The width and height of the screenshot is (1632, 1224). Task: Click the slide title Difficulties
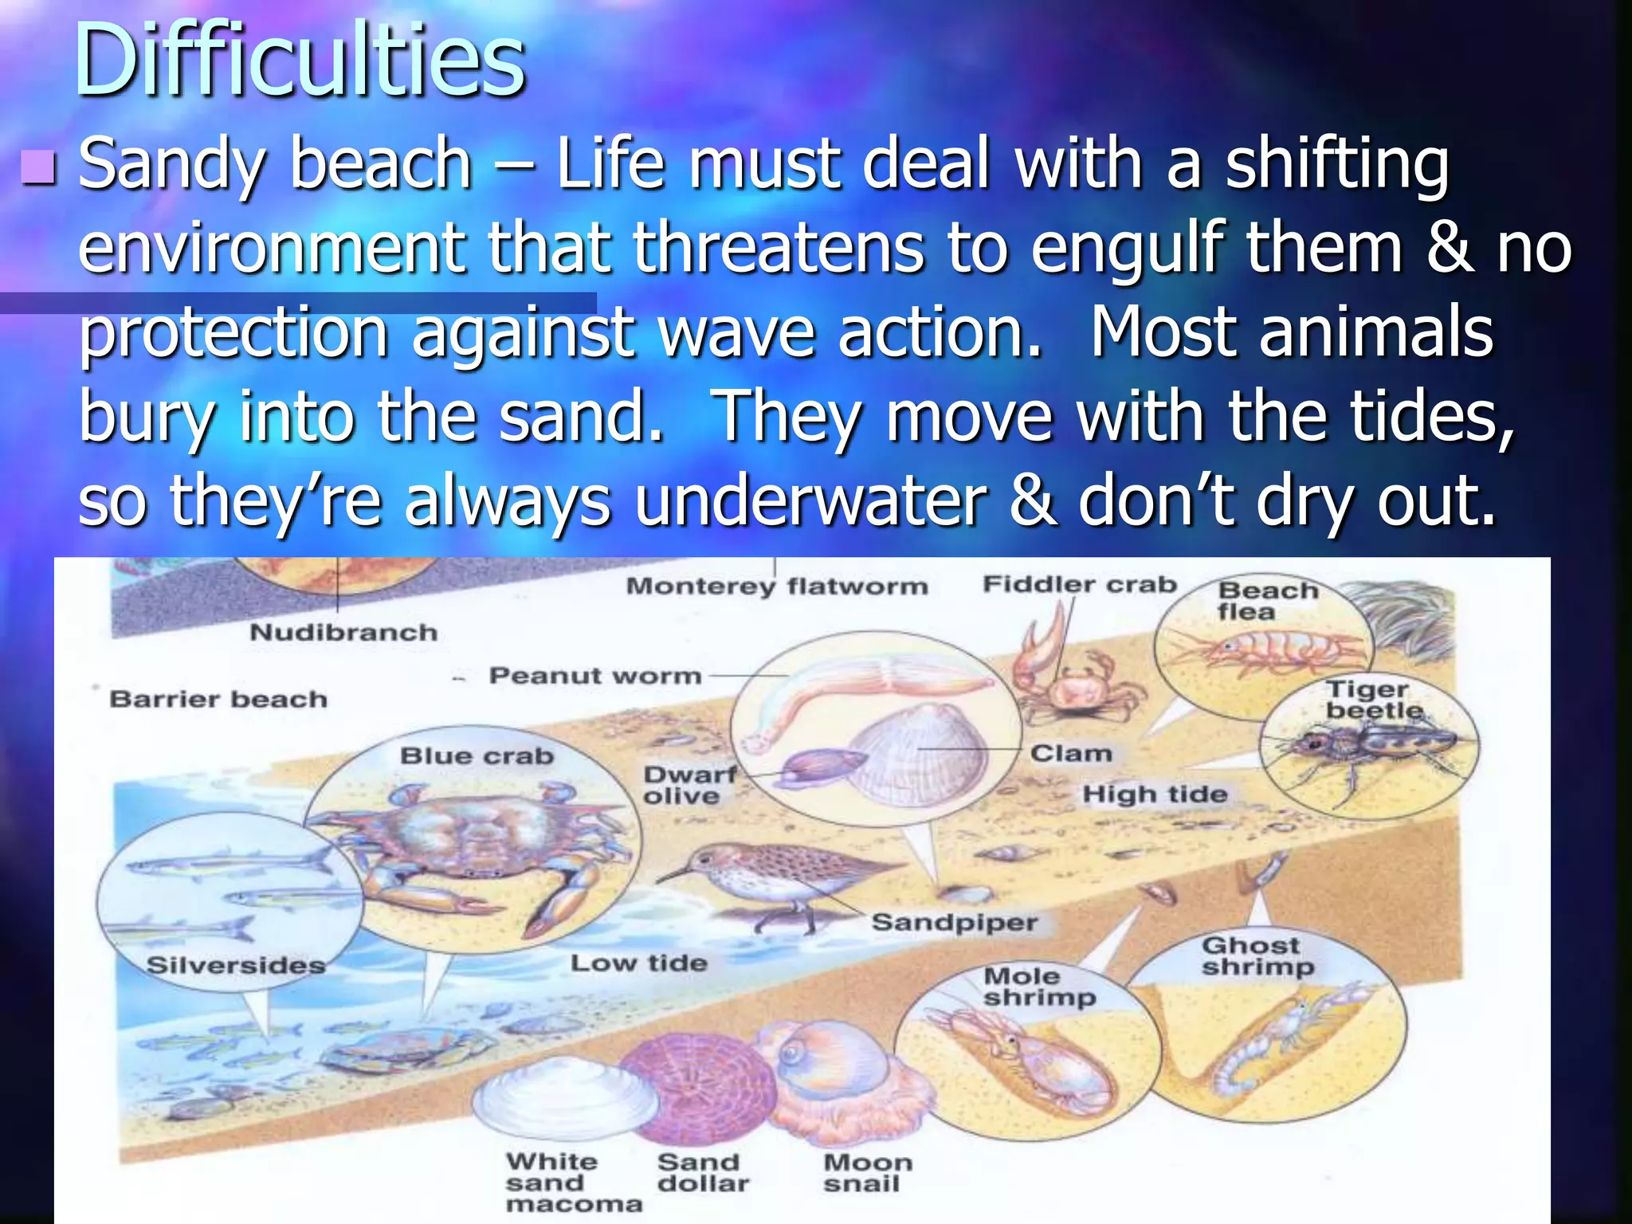click(299, 62)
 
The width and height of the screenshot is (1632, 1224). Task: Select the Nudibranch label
click(343, 633)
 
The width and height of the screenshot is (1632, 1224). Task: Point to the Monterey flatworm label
click(777, 586)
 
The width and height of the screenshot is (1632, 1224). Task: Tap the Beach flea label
click(1267, 601)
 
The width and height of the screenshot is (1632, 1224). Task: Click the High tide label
click(1155, 794)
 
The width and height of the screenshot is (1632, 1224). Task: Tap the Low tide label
click(638, 963)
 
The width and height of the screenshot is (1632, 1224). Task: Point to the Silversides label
click(236, 966)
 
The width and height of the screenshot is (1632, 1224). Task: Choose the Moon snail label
click(867, 1173)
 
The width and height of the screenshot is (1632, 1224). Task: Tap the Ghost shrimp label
click(1257, 956)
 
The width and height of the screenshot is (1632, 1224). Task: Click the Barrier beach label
click(218, 700)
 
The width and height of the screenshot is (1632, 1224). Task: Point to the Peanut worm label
click(594, 676)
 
